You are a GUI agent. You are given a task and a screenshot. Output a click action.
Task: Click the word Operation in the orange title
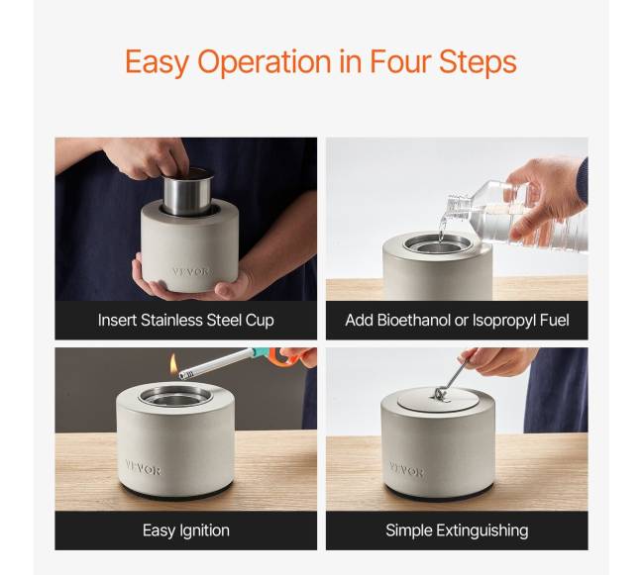coord(265,62)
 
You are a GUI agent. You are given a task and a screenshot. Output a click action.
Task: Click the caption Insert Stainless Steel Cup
coord(186,321)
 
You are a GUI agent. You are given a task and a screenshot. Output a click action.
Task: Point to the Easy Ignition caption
coord(186,530)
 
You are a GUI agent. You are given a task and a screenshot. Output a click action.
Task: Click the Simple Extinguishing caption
coord(457,530)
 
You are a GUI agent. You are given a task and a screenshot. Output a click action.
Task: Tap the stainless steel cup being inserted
coord(188,192)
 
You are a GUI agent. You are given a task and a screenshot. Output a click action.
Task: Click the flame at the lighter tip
coord(173,363)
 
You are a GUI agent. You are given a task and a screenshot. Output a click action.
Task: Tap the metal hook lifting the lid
coord(452,379)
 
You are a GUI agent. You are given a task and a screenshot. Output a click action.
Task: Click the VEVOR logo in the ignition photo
coord(143,468)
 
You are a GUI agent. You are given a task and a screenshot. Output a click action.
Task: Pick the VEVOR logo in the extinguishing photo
coord(406,470)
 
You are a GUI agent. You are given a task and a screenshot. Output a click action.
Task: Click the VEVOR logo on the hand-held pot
coord(192,271)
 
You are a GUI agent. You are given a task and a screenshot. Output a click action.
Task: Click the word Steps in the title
coord(478,62)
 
